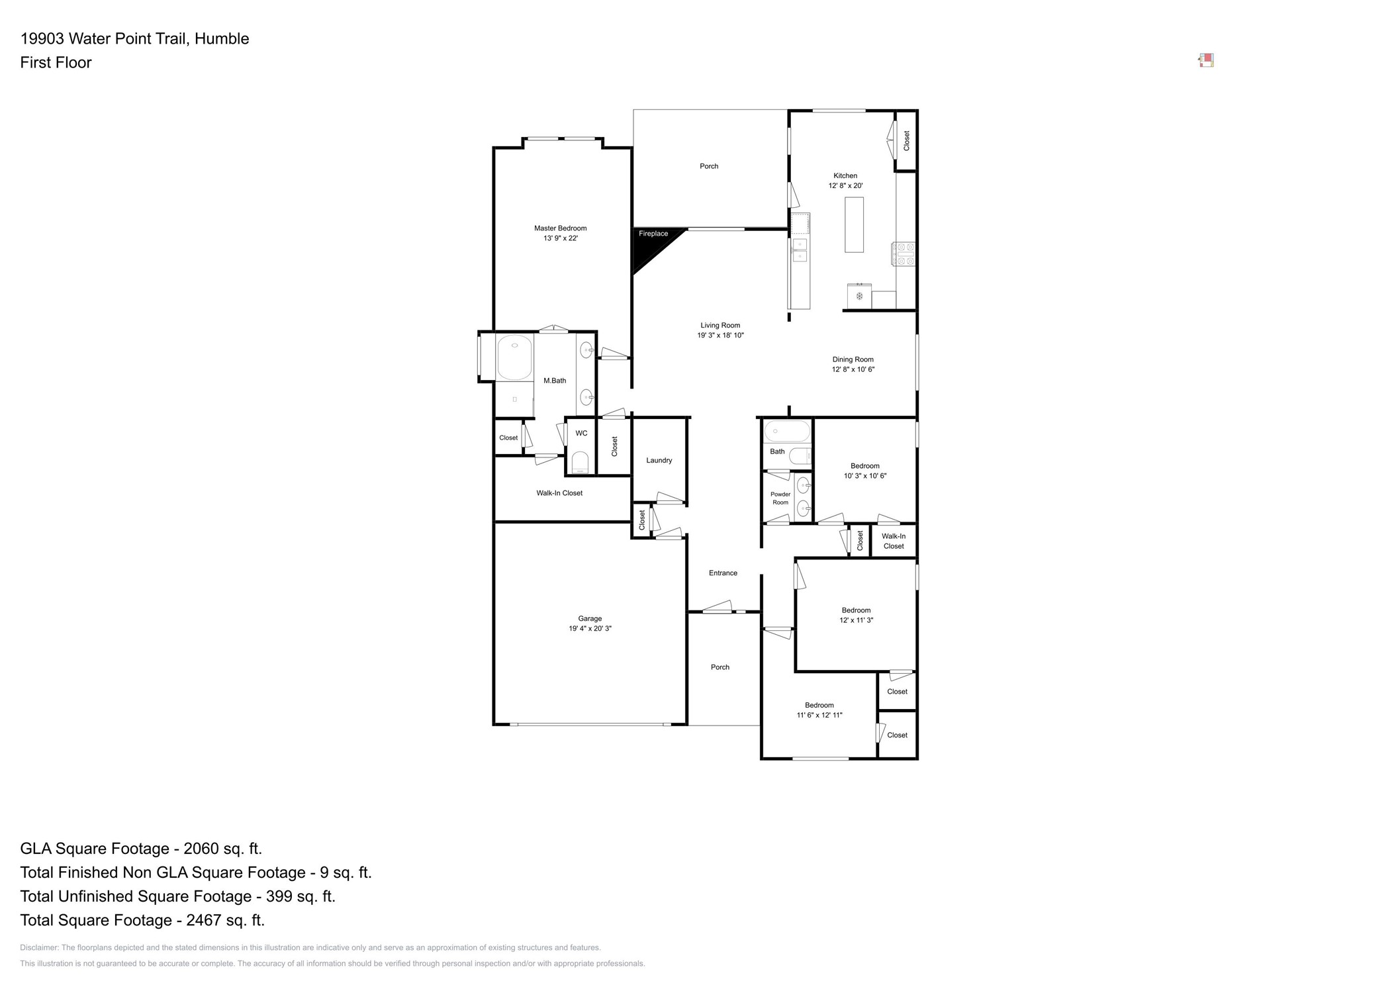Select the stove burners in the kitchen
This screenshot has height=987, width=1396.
point(904,254)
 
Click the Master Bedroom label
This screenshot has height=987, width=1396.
point(560,228)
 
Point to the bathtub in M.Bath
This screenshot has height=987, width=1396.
point(514,357)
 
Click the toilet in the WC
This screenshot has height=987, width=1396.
point(580,462)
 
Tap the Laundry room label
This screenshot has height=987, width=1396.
point(659,460)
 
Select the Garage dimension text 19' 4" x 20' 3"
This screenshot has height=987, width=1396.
point(589,628)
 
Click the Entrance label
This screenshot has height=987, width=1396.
point(722,573)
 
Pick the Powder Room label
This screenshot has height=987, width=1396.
point(780,498)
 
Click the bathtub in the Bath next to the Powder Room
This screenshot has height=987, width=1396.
point(786,432)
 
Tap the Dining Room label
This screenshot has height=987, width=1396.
point(853,359)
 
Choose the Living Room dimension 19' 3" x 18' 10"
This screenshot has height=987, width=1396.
point(720,335)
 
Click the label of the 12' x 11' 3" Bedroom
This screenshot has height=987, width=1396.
point(855,610)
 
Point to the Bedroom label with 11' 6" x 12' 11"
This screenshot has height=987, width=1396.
point(819,705)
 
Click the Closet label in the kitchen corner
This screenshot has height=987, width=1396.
point(906,140)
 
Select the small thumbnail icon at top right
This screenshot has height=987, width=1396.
point(1205,61)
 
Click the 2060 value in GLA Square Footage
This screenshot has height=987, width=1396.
point(197,849)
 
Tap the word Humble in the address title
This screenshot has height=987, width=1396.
point(222,38)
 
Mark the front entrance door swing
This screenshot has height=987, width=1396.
point(718,607)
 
